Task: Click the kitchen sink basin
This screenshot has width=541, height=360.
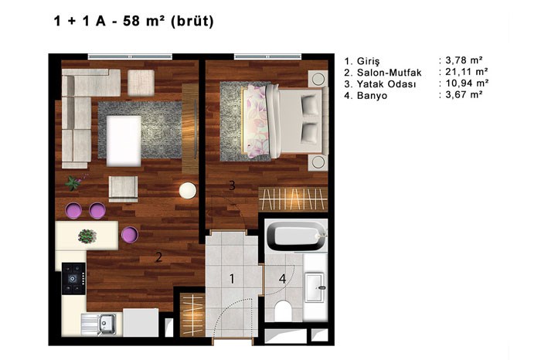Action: (107, 324)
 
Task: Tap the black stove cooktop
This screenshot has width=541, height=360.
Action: (73, 278)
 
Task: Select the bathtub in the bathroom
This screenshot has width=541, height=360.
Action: (296, 236)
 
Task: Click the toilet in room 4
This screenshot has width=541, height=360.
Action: (284, 311)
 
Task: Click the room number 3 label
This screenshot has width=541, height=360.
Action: (232, 185)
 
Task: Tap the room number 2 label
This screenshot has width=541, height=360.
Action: (158, 257)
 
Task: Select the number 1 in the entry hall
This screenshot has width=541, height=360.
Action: (232, 279)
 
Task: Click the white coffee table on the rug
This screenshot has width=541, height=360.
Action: (124, 141)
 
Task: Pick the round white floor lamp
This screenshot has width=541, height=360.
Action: (188, 190)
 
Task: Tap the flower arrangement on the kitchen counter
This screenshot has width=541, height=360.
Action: (87, 236)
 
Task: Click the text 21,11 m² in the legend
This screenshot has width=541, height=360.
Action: (467, 72)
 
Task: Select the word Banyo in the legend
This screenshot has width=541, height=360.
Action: (373, 96)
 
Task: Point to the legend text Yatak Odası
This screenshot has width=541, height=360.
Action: (386, 84)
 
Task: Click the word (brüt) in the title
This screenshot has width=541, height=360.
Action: (192, 21)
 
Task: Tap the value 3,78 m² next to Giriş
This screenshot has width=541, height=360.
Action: (464, 60)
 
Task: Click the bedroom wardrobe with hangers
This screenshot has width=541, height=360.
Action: (293, 199)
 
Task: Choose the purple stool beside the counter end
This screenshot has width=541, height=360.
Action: (130, 235)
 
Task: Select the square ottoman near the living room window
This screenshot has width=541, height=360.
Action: (141, 83)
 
